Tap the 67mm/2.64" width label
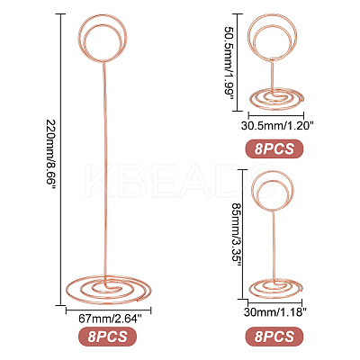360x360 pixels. click(x=110, y=319)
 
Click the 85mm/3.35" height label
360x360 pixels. click(x=238, y=234)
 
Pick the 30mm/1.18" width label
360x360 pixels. click(x=274, y=313)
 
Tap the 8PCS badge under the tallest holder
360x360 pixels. click(x=107, y=337)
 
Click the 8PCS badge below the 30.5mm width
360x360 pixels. click(x=274, y=148)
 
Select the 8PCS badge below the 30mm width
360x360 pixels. click(x=274, y=337)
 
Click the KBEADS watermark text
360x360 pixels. click(x=181, y=181)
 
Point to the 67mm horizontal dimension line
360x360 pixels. click(x=108, y=310)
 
